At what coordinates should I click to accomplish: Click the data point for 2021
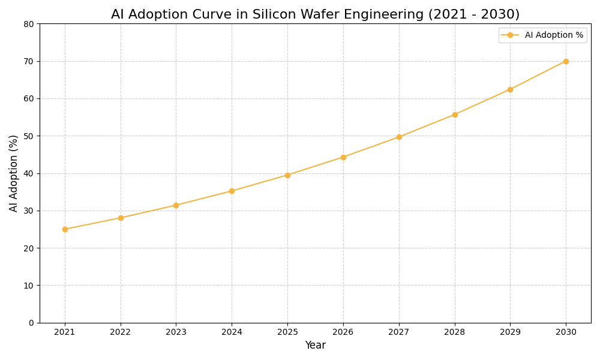[x=65, y=229]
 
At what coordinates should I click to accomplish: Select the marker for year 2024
[x=232, y=191]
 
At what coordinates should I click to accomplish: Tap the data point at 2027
[x=399, y=137]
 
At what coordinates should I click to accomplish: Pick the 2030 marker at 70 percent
[x=566, y=61]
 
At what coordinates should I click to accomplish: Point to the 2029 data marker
[x=510, y=89]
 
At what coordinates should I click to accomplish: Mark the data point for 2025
[x=287, y=175]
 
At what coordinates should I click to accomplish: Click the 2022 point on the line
[x=121, y=218]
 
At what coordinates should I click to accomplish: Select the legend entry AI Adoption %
[x=553, y=35]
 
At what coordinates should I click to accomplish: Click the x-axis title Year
[x=315, y=346]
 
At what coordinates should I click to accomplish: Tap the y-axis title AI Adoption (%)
[x=14, y=173]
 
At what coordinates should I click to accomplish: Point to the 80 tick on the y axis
[x=29, y=24]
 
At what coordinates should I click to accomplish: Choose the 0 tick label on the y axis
[x=31, y=323]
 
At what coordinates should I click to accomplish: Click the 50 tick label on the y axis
[x=29, y=136]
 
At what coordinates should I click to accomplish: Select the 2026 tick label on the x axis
[x=343, y=332]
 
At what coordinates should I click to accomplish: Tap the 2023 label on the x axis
[x=176, y=332]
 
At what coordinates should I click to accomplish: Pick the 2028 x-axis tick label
[x=455, y=332]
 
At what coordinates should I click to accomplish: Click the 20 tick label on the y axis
[x=29, y=248]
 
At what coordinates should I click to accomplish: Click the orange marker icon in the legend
[x=510, y=35]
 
